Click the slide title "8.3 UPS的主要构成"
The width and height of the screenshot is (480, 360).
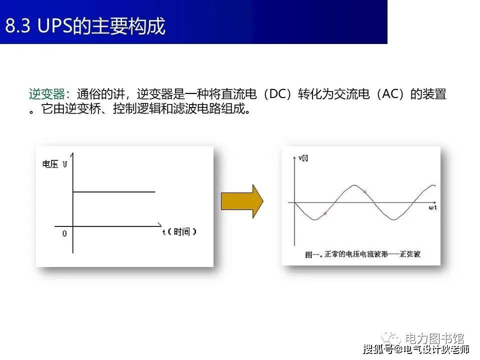[85, 25]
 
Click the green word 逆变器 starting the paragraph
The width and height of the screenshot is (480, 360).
[47, 94]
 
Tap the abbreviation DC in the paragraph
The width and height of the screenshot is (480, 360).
[277, 93]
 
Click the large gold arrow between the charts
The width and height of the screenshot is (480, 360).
[242, 201]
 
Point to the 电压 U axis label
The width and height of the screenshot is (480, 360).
[55, 164]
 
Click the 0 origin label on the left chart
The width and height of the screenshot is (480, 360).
[64, 233]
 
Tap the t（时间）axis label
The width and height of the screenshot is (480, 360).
[179, 231]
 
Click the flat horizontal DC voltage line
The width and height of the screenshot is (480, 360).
[114, 192]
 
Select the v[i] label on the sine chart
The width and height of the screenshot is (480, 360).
[303, 158]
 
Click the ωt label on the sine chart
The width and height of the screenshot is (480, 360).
[432, 207]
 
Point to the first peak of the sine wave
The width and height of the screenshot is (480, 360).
[354, 185]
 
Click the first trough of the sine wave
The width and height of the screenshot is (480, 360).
[314, 219]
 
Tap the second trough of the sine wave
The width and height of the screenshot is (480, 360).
[394, 219]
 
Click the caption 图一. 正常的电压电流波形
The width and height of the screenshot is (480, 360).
[346, 254]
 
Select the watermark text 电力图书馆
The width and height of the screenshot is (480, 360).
[434, 338]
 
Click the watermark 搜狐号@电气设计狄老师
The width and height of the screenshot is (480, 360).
[416, 349]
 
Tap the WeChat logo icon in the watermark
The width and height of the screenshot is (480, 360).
[391, 338]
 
